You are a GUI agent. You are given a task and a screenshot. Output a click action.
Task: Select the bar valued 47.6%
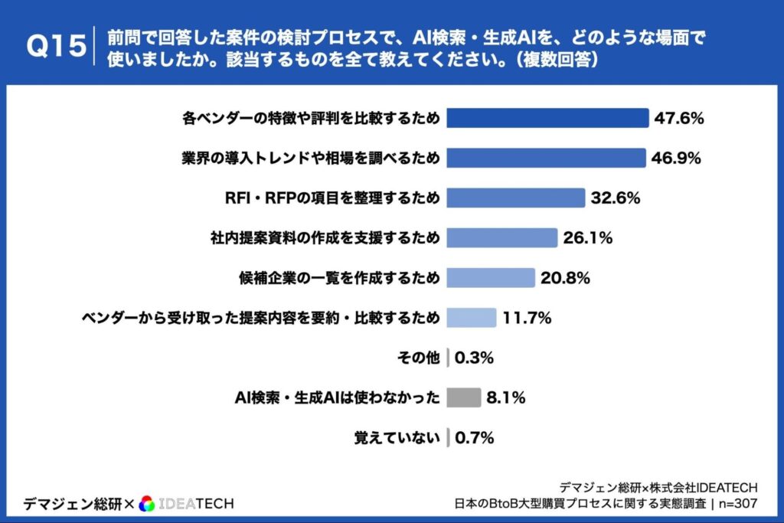tap(547, 118)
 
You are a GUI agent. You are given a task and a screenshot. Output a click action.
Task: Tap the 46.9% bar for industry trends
tap(546, 158)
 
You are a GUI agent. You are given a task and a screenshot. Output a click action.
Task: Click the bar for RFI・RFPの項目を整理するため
tap(515, 198)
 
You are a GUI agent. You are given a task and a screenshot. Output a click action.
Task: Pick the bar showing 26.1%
tap(501, 238)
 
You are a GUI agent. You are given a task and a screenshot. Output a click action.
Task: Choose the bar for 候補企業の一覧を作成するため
tap(490, 278)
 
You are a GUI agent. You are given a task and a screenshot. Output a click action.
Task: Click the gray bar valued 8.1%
tap(463, 397)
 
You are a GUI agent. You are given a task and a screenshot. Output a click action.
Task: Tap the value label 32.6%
tap(615, 198)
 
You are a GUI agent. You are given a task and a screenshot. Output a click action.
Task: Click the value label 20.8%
tap(565, 278)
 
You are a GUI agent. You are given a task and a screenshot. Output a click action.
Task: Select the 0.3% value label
tap(475, 358)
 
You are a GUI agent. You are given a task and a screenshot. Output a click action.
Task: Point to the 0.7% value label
tap(475, 438)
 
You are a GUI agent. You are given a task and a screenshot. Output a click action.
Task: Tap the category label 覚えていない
tap(397, 438)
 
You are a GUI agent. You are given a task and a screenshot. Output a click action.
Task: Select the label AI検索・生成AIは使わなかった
tap(337, 397)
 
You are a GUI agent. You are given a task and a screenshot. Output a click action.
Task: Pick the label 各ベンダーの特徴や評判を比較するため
tap(312, 118)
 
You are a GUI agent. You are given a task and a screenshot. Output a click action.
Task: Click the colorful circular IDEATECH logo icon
tap(148, 503)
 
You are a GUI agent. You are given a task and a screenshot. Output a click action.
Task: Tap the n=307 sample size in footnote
tap(737, 504)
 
